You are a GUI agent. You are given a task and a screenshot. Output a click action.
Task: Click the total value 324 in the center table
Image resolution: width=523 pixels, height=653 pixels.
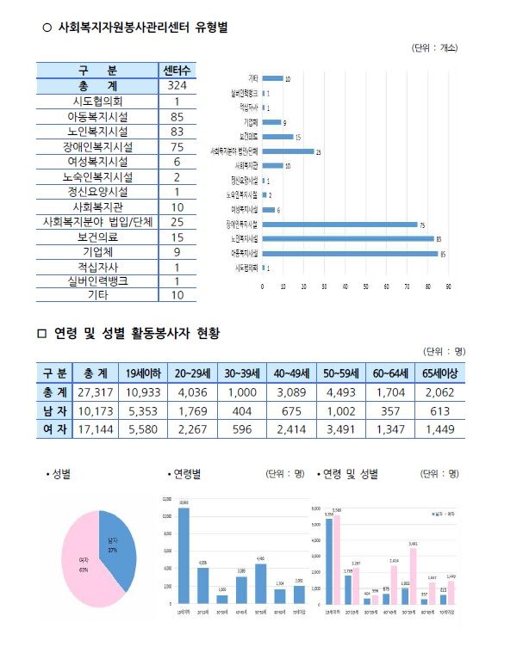point(177,86)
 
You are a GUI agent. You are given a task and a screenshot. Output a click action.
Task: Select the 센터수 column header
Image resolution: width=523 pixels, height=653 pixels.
point(177,70)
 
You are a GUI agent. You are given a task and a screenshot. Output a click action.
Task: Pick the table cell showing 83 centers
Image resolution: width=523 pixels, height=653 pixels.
point(177,131)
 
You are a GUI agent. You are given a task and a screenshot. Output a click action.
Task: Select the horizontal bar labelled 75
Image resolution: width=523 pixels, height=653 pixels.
point(338,224)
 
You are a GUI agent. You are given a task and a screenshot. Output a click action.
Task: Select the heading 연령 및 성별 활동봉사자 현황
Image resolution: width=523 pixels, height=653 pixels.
point(137,334)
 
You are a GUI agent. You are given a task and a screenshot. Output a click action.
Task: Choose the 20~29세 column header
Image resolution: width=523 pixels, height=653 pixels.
point(193,373)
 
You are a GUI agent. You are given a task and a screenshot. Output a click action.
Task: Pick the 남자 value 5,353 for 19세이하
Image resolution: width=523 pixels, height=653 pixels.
point(143,410)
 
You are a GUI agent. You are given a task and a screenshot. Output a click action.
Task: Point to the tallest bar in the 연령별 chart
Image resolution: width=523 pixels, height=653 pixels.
point(183,555)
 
